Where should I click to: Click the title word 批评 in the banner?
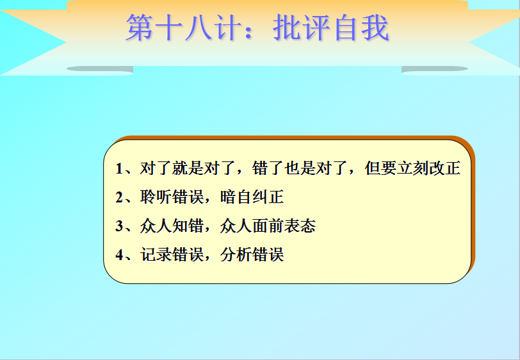[301, 28]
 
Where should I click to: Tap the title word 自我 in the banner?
[362, 28]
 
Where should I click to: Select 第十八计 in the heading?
[183, 28]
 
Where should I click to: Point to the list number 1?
[119, 168]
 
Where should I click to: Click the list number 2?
[119, 197]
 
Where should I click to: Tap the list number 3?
[119, 226]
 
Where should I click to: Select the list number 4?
[119, 255]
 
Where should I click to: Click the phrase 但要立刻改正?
[412, 168]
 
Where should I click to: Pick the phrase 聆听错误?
[172, 197]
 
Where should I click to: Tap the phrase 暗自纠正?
[252, 197]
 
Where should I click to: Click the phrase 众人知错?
[172, 226]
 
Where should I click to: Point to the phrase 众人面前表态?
[268, 226]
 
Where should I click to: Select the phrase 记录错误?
[172, 255]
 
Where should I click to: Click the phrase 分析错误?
[252, 255]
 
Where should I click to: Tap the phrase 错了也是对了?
[300, 168]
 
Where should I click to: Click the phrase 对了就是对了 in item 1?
[188, 168]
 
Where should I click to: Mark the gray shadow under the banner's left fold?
[100, 69]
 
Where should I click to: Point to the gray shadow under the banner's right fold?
[435, 69]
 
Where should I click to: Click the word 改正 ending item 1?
[444, 168]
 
